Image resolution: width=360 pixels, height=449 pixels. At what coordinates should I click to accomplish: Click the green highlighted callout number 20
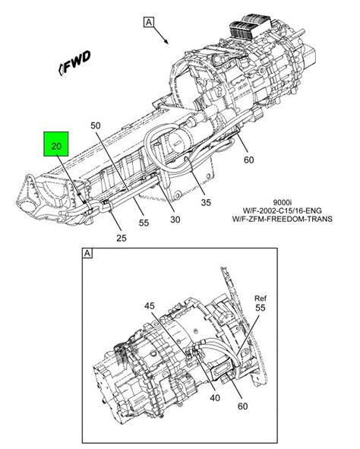pos(56,146)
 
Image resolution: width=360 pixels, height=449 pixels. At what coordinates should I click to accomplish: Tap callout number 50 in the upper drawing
pos(96,125)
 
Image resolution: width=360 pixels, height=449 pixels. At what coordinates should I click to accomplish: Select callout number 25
pos(122,238)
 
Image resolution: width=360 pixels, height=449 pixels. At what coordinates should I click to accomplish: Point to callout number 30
pos(175,220)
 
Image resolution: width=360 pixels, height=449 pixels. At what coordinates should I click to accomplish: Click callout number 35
pos(206,202)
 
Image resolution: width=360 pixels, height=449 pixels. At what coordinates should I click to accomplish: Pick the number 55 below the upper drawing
pos(144,223)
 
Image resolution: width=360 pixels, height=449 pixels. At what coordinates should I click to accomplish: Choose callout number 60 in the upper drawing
pos(248,160)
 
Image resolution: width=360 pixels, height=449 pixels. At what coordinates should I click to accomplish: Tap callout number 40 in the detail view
pos(215,398)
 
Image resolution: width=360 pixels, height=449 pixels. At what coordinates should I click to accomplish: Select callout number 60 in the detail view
pos(243,406)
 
